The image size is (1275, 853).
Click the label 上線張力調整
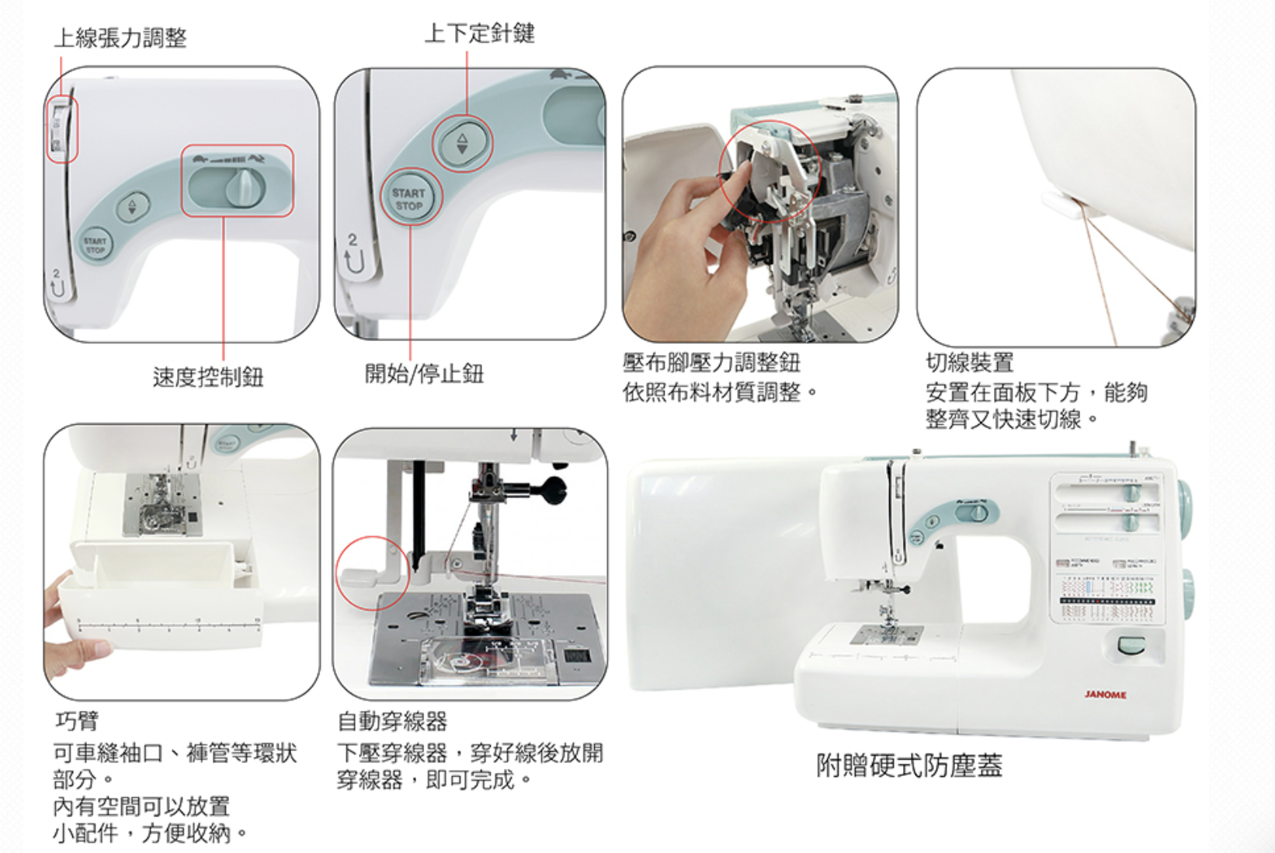tap(120, 37)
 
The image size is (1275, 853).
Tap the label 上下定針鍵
tap(479, 33)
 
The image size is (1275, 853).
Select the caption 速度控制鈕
tap(208, 378)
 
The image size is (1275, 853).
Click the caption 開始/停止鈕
tap(424, 374)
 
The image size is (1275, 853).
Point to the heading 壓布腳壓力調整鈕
tap(710, 363)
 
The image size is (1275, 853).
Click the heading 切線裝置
tap(969, 363)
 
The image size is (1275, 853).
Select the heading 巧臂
tap(76, 721)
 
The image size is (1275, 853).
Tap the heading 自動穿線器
tap(392, 722)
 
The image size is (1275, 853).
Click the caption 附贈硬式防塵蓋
tap(908, 766)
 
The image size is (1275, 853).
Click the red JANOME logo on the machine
tap(1105, 695)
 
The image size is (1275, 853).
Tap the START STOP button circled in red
tap(409, 199)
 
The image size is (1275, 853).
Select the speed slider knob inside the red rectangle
tap(245, 189)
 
